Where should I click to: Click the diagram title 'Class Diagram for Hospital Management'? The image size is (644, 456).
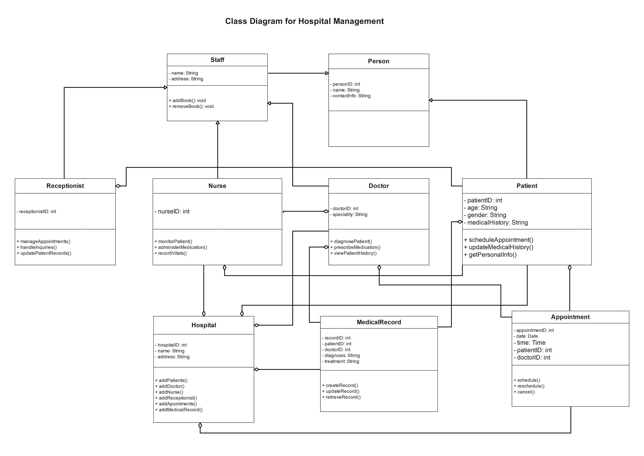point(304,21)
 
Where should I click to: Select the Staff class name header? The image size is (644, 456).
point(217,60)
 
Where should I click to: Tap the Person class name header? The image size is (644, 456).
point(379,61)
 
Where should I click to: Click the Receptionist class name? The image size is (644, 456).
point(65,186)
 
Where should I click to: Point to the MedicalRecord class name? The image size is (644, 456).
point(379,322)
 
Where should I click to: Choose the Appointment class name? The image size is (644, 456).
point(570,317)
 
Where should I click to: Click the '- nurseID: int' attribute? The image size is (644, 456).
point(172,211)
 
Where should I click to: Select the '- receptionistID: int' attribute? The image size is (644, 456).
point(36,212)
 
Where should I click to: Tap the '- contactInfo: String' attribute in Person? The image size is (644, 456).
point(350,96)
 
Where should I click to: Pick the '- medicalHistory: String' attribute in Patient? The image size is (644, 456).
point(496,223)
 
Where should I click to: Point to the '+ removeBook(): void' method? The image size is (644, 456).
point(191,106)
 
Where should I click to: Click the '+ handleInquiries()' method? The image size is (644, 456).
point(37,247)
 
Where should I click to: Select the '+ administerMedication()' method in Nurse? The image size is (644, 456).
point(181,247)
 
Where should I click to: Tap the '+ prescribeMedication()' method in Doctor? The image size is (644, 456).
point(355,247)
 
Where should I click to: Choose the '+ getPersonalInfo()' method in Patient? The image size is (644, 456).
point(490,255)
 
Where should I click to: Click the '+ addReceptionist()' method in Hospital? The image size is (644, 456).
point(176,398)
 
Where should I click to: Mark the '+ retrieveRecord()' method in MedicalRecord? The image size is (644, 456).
point(341,397)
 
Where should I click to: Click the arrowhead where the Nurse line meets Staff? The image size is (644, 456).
point(218,123)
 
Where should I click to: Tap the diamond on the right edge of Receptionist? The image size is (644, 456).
point(118,186)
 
